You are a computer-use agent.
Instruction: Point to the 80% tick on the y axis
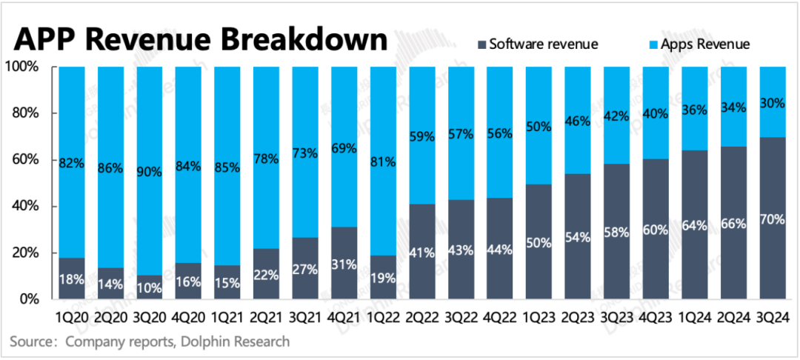(x=25, y=113)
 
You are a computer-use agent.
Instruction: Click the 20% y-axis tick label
(x=25, y=253)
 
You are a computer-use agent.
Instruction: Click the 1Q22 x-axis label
(x=382, y=316)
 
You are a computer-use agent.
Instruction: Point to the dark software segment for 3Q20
(x=149, y=287)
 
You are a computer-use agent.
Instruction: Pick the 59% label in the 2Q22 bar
(x=421, y=136)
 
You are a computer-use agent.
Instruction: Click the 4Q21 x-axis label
(x=344, y=316)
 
